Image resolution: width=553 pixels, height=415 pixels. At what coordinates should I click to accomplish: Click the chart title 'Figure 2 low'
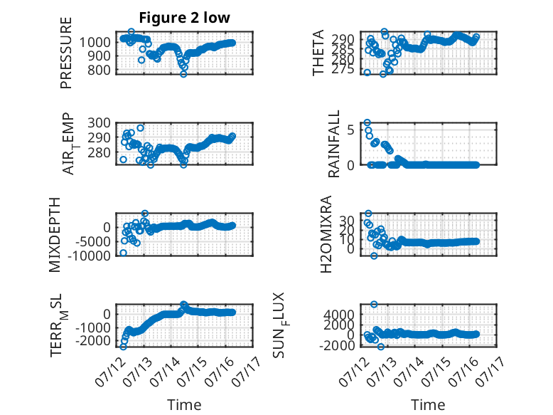[x=184, y=18]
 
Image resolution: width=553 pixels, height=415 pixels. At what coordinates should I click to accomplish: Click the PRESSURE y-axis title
[x=66, y=53]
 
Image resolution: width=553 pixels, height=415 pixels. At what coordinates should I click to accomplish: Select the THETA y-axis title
[x=318, y=53]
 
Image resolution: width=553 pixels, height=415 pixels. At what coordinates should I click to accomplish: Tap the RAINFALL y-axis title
[x=333, y=144]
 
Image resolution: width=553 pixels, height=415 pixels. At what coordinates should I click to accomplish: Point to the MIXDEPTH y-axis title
[x=55, y=235]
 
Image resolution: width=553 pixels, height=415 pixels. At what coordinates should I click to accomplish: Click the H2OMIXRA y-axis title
[x=326, y=234]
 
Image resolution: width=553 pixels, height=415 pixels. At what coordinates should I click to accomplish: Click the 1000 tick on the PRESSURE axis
[x=95, y=43]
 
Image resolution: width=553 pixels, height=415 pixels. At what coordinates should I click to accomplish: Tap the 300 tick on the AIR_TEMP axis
[x=99, y=123]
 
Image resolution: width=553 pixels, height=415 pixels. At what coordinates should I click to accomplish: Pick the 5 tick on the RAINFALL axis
[x=350, y=130]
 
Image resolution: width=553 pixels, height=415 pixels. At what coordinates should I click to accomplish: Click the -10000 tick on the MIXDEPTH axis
[x=89, y=256]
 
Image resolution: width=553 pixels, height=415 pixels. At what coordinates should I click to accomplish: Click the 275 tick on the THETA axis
[x=343, y=69]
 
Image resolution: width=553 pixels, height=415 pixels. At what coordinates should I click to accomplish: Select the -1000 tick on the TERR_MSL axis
[x=93, y=327]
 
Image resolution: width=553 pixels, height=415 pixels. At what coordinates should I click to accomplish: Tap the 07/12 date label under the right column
[x=354, y=372]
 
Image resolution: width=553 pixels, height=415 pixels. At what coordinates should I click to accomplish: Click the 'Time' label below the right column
[x=428, y=405]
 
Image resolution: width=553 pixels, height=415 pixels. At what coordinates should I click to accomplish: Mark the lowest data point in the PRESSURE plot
[x=183, y=74]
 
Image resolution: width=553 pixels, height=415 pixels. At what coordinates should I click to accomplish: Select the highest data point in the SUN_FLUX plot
[x=374, y=305]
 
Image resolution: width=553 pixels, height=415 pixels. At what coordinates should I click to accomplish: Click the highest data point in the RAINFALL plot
[x=367, y=123]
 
